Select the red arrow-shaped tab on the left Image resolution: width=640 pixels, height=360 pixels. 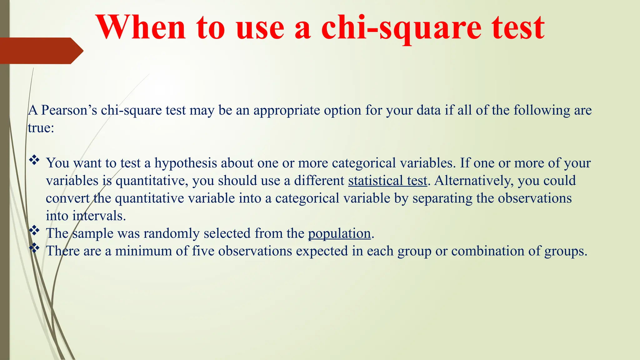pyautogui.click(x=41, y=51)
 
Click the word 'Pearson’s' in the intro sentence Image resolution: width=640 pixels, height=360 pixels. pyautogui.click(x=69, y=110)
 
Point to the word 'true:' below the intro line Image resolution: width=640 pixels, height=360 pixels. pyautogui.click(x=41, y=128)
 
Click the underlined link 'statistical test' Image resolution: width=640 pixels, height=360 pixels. pyautogui.click(x=387, y=181)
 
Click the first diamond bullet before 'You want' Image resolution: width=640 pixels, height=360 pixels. pyautogui.click(x=34, y=161)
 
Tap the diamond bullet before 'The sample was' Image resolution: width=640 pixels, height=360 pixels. pyautogui.click(x=34, y=231)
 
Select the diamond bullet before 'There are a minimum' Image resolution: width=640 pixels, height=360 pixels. pyautogui.click(x=34, y=248)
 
